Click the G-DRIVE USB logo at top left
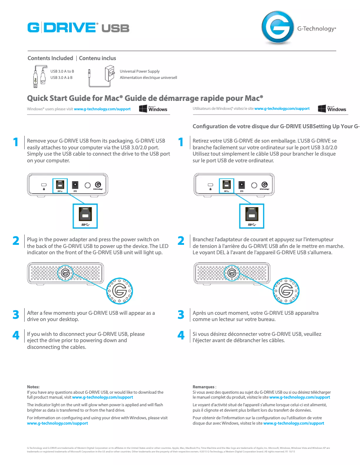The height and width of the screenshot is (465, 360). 78,28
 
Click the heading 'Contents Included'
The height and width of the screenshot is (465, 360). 50,58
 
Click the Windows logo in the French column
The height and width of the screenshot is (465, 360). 332,109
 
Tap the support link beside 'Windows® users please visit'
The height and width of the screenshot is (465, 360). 102,109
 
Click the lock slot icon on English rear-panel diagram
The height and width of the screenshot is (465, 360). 44,186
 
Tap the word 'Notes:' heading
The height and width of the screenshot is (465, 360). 34,386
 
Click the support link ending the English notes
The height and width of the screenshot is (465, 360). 57,423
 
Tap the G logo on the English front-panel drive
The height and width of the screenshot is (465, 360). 67,273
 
